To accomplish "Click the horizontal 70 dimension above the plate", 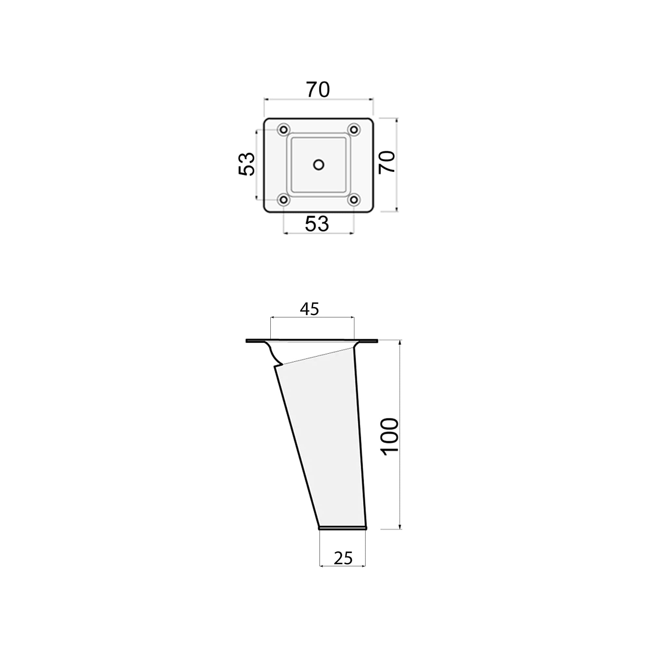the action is click(318, 90).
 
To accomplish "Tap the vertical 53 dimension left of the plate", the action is click(246, 164).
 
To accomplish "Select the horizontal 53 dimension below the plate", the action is click(317, 224).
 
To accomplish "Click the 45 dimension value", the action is click(309, 309).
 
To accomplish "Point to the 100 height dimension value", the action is click(390, 437).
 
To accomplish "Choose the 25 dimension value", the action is click(343, 558).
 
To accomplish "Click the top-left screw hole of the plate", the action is click(284, 129).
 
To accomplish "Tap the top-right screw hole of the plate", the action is click(354, 129).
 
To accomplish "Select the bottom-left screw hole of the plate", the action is click(284, 200).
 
